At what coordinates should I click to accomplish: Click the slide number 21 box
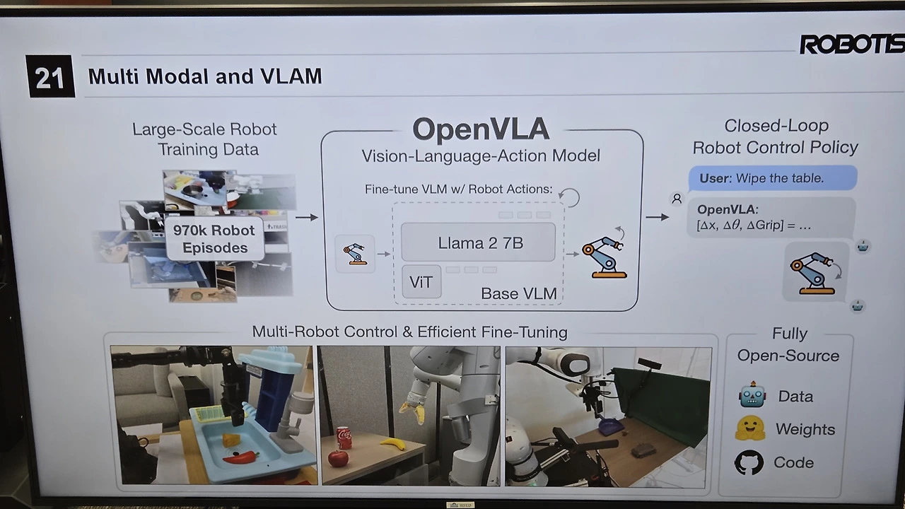click(x=50, y=76)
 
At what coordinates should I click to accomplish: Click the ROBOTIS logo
click(x=851, y=45)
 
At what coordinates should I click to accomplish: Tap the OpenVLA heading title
click(x=481, y=129)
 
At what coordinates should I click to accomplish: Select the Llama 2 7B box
click(x=479, y=243)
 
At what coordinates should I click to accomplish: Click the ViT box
click(x=421, y=283)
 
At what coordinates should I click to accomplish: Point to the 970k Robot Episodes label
click(x=214, y=239)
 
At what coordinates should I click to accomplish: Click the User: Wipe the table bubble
click(x=772, y=178)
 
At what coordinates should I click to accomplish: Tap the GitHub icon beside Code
click(x=749, y=462)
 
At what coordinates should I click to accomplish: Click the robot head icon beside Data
click(x=752, y=396)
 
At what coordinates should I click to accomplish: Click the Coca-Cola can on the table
click(x=344, y=438)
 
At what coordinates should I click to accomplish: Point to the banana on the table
click(x=392, y=443)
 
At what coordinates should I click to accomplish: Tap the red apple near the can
click(x=339, y=459)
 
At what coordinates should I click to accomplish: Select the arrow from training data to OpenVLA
click(x=306, y=217)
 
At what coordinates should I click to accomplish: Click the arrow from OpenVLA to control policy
click(x=657, y=217)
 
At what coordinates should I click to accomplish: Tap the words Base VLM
click(x=518, y=293)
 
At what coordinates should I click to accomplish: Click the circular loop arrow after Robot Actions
click(x=569, y=197)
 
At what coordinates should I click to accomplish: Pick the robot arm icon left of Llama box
click(x=354, y=254)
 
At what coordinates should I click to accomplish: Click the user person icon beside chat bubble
click(x=677, y=199)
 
